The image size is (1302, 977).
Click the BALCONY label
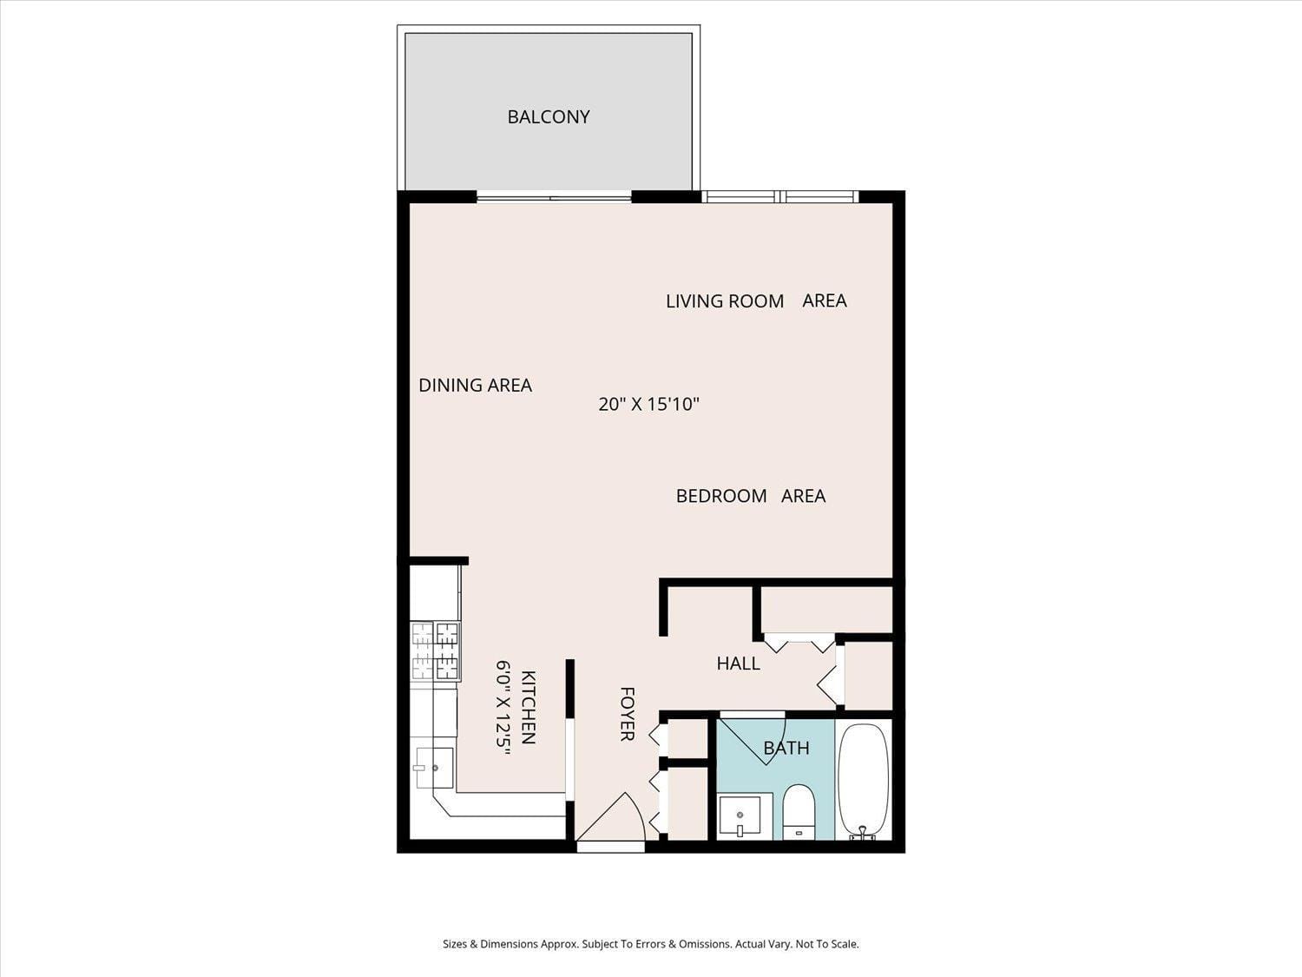[x=549, y=116]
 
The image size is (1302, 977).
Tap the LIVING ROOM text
[x=725, y=301]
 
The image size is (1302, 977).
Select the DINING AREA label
[x=475, y=386]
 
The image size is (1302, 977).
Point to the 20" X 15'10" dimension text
[x=648, y=404]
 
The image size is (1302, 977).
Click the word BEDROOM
[x=721, y=496]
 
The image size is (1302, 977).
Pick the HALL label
[x=738, y=663]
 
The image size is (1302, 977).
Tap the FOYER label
[x=628, y=714]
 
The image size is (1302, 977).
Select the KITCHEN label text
[x=528, y=707]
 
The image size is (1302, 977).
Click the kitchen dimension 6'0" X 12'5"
[x=503, y=707]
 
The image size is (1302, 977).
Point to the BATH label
[x=786, y=748]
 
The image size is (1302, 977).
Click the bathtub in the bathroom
[x=863, y=780]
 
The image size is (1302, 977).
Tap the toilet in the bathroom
[x=799, y=810]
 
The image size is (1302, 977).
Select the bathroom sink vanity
[x=740, y=815]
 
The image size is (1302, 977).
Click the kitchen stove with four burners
[x=435, y=650]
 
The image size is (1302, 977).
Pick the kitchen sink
[x=434, y=767]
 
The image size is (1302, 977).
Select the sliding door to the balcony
[x=554, y=198]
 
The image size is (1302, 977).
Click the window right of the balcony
[x=779, y=197]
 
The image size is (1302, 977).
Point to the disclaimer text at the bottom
[x=650, y=944]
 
